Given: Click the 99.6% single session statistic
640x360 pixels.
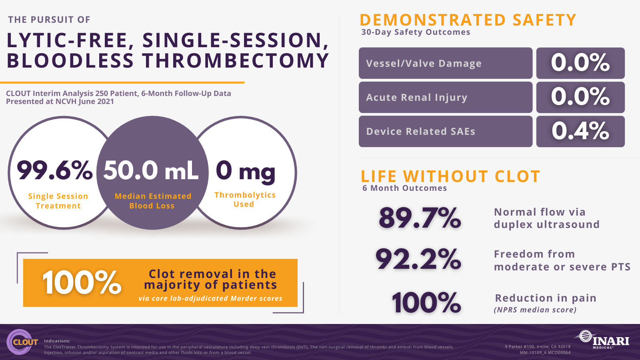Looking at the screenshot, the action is (54, 170).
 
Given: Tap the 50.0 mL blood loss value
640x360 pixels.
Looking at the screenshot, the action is (151, 170).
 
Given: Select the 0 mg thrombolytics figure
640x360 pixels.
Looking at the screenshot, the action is (246, 172).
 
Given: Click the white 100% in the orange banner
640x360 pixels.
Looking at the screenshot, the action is (82, 282).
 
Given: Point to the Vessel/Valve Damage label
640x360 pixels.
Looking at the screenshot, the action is (424, 63).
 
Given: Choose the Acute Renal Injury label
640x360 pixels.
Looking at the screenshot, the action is (416, 98).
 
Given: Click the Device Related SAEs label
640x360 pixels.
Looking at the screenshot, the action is (420, 132).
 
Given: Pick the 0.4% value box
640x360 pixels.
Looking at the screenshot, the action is (580, 132).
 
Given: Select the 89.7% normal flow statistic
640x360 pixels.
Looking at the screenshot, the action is (420, 218).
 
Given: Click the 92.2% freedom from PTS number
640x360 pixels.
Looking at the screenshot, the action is (418, 260).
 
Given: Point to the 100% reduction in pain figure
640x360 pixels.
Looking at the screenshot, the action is (426, 303).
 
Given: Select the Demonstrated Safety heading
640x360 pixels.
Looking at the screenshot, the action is (468, 20).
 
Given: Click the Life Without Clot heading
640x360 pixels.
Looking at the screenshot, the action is (450, 176).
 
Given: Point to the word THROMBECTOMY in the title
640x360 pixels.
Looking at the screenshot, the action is (236, 60).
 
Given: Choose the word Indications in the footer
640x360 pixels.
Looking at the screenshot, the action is (57, 341).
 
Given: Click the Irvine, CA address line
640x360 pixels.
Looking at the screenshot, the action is (538, 346).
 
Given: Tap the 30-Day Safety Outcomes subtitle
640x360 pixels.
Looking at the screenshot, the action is (416, 32).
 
